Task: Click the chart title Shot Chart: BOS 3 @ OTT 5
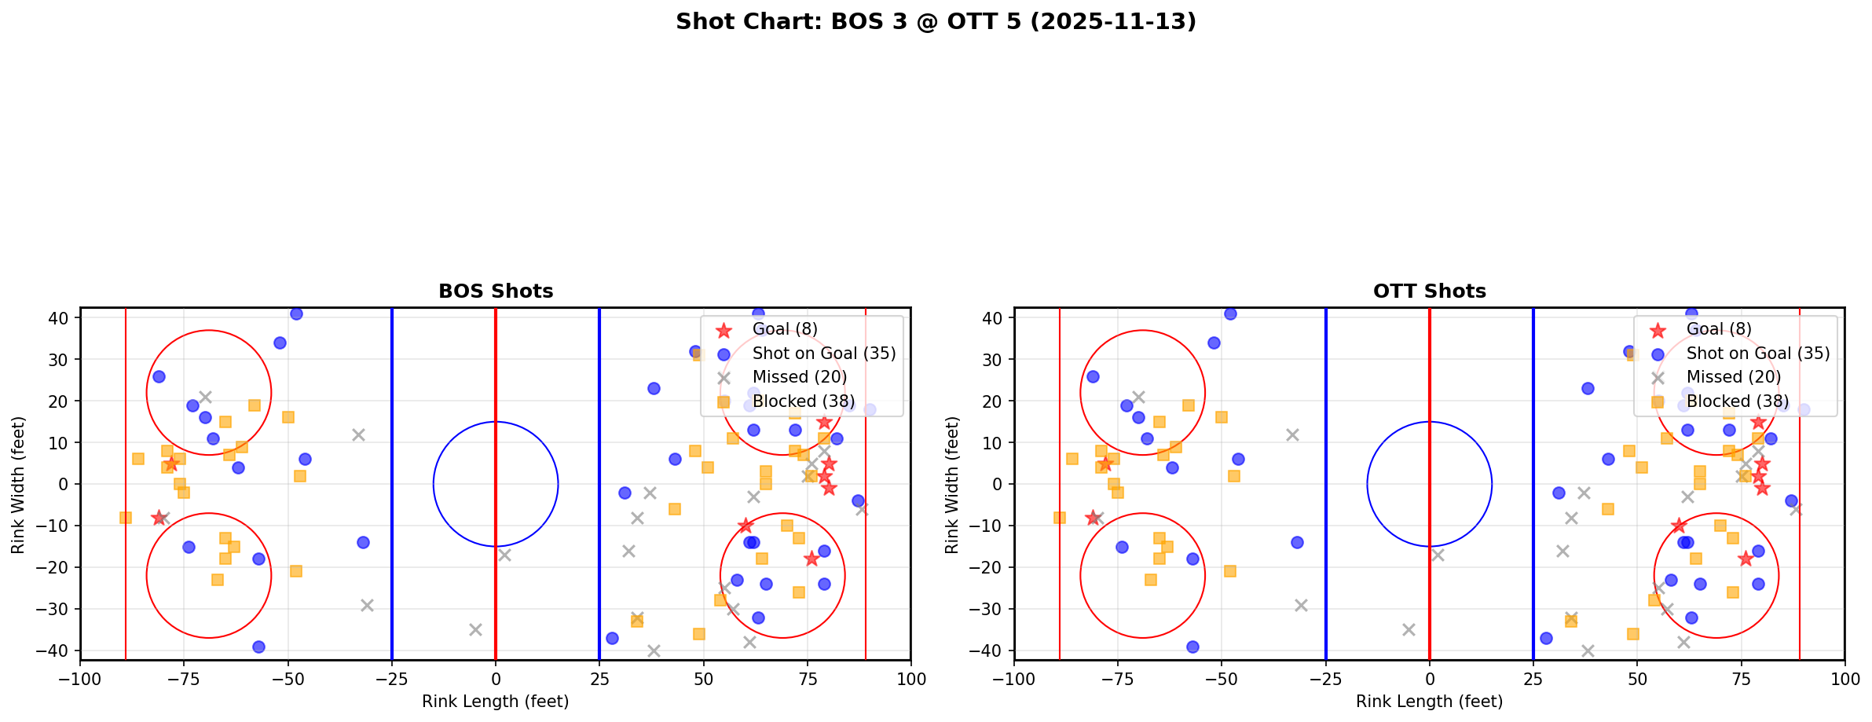[936, 22]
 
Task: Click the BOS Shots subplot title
[496, 291]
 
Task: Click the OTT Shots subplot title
[1429, 291]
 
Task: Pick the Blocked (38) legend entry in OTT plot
[1737, 401]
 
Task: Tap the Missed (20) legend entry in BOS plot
[799, 377]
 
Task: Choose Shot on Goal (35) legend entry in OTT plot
[1757, 354]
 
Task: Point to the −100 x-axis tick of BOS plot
[80, 679]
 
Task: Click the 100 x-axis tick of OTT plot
[1844, 679]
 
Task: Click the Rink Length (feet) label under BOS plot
[496, 702]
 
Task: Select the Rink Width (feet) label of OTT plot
[952, 484]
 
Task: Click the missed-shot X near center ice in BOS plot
[504, 555]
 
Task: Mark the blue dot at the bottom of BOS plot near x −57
[258, 647]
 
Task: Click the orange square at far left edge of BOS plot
[126, 517]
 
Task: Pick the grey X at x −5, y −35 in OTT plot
[1409, 629]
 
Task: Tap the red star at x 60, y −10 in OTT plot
[1679, 526]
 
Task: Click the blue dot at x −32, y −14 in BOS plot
[363, 542]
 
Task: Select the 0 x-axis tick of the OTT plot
[1429, 679]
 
